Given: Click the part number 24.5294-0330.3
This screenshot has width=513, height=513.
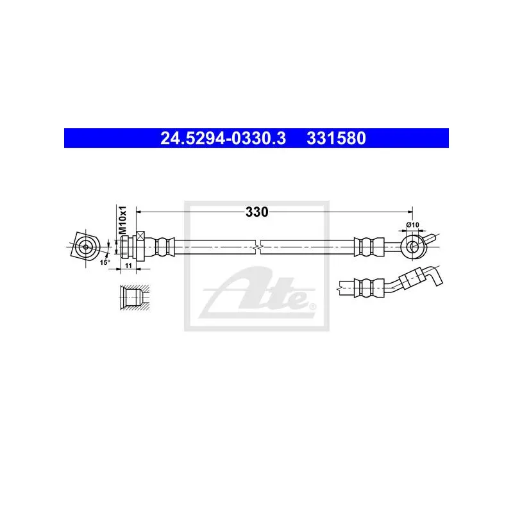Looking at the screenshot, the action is (223, 139).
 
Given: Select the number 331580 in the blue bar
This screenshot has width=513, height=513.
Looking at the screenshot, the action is (336, 139).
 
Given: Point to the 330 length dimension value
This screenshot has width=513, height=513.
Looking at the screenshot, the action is (257, 212).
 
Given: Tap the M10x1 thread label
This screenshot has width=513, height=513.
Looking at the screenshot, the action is (122, 220).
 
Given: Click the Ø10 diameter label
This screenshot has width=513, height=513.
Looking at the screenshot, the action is (412, 225).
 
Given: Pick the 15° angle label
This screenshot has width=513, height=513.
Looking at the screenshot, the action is (105, 262).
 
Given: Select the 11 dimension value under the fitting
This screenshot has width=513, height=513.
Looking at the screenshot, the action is (128, 265).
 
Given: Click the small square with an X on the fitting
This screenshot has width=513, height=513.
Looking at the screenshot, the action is (140, 235).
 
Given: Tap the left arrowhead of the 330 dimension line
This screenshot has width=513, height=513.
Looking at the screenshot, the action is (139, 212).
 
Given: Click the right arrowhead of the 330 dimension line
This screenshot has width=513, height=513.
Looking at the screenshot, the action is (410, 212).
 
